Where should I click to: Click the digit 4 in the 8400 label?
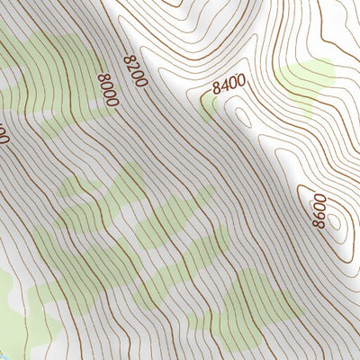pos(225,87)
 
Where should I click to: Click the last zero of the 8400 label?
pos(242,83)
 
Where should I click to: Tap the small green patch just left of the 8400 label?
pos(209,107)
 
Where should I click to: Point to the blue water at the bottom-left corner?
pos(4,355)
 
